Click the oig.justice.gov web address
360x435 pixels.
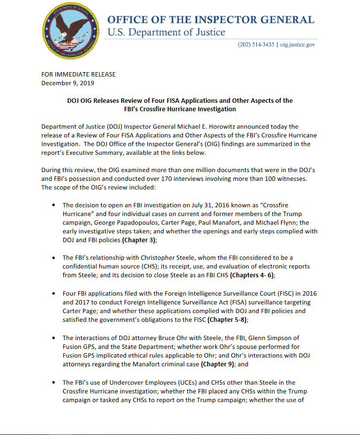[298, 44]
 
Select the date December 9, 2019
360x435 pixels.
[68, 83]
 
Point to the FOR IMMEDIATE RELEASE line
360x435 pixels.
[78, 75]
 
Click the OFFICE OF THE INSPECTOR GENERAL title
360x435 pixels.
[211, 20]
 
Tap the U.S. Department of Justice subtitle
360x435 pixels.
[166, 33]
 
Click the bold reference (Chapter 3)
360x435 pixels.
[139, 240]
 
